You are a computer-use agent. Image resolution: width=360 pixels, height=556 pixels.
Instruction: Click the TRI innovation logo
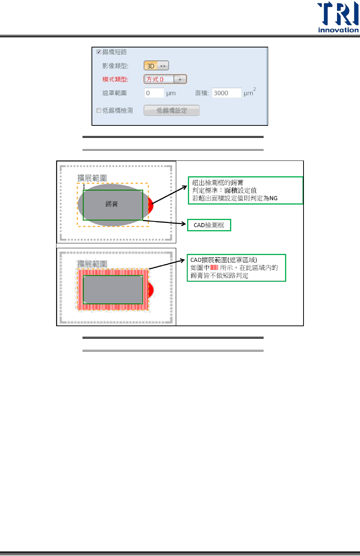click(338, 17)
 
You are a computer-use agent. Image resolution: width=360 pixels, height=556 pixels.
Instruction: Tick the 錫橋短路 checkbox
click(99, 52)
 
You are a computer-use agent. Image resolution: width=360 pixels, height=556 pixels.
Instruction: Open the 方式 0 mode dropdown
click(180, 79)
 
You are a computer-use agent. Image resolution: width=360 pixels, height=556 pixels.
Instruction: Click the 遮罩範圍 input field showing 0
click(154, 93)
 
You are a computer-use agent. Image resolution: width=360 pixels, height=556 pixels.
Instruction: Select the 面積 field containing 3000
click(226, 93)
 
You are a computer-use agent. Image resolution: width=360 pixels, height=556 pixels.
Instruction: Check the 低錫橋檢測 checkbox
click(99, 110)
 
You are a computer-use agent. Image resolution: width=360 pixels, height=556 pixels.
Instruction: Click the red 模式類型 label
click(115, 79)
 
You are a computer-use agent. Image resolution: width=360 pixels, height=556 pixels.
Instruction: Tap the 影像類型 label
click(115, 66)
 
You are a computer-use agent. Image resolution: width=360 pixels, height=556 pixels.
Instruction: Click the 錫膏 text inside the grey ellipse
click(111, 204)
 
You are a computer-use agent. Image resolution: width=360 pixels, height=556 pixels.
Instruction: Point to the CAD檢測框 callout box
click(209, 225)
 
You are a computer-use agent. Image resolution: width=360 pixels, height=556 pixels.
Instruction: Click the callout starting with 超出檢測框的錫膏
click(245, 191)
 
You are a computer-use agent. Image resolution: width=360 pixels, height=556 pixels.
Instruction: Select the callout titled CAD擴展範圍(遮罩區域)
click(236, 268)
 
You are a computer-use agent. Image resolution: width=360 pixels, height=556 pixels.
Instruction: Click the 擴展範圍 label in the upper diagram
click(92, 178)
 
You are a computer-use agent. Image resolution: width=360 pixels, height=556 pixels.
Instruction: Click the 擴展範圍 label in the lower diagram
click(92, 264)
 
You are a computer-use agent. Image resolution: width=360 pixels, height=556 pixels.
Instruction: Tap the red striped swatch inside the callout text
click(214, 267)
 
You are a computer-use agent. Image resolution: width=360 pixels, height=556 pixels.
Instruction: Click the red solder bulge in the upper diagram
click(151, 205)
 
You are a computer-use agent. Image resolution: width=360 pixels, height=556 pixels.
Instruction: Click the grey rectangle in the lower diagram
click(113, 289)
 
